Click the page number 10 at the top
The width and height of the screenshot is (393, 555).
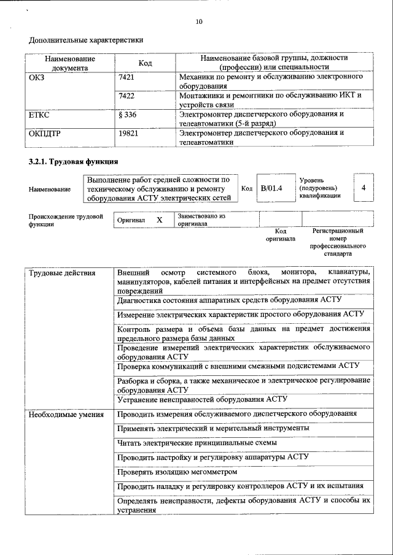(198, 21)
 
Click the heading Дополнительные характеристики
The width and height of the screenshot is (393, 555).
(86, 40)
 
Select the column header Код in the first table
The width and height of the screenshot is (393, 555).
(145, 63)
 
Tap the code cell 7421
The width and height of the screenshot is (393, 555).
(126, 78)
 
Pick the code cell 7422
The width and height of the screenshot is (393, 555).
(126, 96)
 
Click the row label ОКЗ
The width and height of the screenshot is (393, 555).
(37, 78)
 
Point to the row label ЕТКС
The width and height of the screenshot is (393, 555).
(39, 115)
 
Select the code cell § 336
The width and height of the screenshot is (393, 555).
(127, 115)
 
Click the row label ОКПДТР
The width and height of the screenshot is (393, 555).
(46, 133)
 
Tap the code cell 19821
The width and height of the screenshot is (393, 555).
(128, 133)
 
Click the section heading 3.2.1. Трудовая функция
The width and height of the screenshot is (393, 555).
(73, 161)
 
